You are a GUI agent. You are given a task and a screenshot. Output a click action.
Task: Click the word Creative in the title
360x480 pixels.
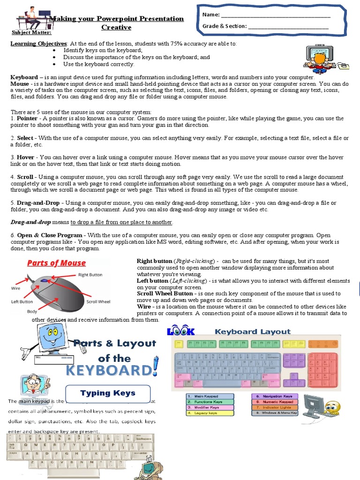coord(117,27)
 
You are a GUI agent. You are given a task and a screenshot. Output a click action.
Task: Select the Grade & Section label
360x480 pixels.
coord(224,26)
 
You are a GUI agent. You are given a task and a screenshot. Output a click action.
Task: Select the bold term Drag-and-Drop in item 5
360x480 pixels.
coord(39,202)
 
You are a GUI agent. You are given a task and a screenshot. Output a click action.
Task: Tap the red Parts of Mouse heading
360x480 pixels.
coord(56,263)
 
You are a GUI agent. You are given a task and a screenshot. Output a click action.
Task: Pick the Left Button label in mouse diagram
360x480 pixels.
coord(22,302)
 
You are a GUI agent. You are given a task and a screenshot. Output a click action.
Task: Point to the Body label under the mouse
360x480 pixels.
coord(32,311)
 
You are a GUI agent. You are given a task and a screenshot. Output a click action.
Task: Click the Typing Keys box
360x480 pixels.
coord(108,393)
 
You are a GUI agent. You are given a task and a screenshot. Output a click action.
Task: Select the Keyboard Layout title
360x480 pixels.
coord(253,331)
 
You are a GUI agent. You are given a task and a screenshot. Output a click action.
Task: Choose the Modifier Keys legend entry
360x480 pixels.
coord(209,407)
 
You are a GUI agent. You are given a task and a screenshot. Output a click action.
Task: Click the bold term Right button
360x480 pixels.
coord(154,261)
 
